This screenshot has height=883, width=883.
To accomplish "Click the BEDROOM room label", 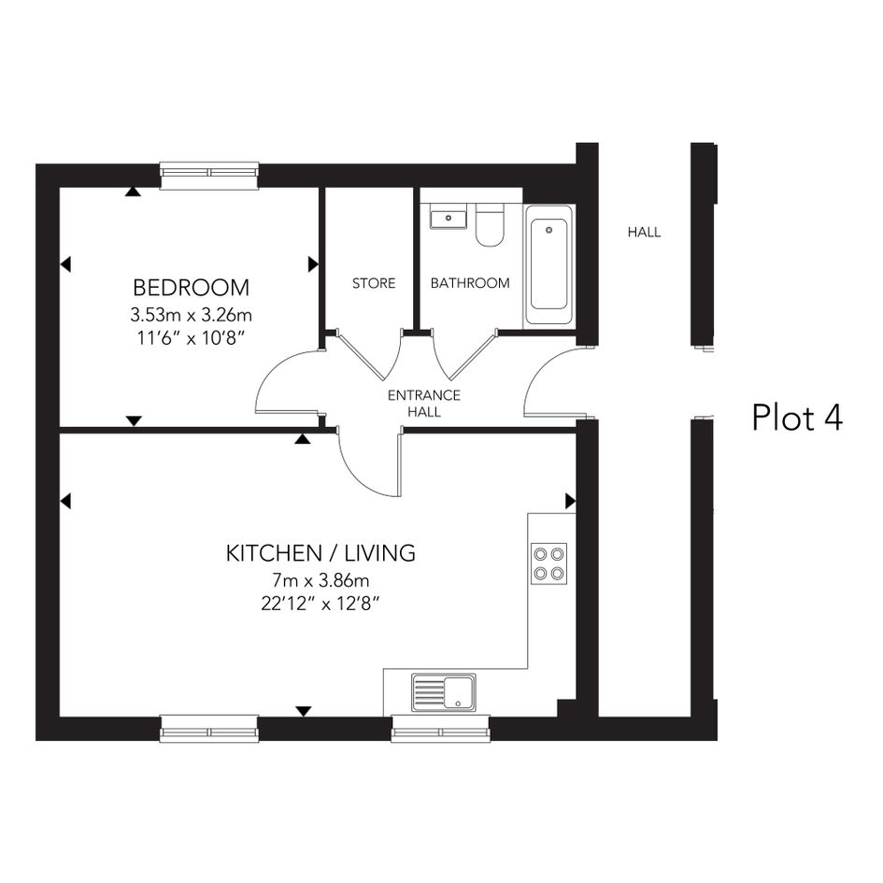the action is click(191, 288).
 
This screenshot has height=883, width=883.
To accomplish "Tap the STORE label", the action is click(374, 283).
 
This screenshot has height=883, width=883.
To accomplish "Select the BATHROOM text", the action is click(470, 283).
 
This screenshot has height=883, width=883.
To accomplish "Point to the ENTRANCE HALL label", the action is click(424, 404).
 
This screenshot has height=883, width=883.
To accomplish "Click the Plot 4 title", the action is click(797, 418).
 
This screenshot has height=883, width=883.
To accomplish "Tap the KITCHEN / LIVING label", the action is click(320, 553).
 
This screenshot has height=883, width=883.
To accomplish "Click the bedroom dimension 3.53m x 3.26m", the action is click(191, 315).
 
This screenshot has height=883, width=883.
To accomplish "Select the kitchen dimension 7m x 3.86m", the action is click(320, 580).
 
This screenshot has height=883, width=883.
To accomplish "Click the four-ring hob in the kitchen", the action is click(549, 563).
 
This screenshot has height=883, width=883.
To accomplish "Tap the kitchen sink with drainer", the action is click(443, 692).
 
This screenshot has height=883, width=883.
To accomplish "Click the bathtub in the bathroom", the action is click(549, 265).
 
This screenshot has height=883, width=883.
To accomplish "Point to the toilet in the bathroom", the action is click(490, 225).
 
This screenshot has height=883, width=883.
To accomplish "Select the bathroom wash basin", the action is click(449, 218).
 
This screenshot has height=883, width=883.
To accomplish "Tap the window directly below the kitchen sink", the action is click(440, 729).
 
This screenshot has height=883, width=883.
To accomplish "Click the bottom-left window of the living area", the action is click(209, 729).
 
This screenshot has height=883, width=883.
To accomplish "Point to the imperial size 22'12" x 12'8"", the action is click(320, 605).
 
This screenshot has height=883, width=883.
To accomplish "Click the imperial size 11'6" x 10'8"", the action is click(191, 338).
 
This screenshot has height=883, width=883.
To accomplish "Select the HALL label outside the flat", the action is click(644, 232).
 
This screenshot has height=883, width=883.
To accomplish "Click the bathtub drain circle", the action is click(549, 230).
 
